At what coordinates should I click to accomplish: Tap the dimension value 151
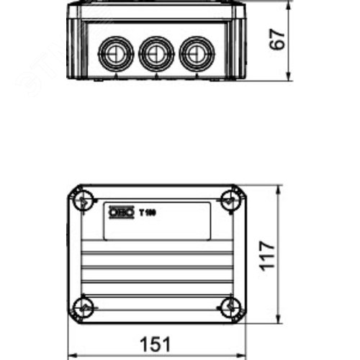pyautogui.click(x=156, y=345)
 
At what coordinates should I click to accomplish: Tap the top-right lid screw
pyautogui.click(x=230, y=199)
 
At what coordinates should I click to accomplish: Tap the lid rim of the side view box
pyautogui.click(x=156, y=12)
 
